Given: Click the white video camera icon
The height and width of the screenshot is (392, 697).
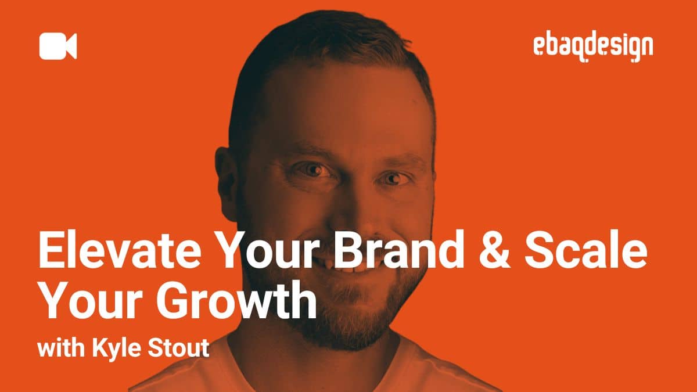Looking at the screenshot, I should click(58, 46).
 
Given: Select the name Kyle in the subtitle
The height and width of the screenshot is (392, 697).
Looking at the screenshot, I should click(110, 350).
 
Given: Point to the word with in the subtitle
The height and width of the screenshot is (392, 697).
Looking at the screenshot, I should click(58, 350).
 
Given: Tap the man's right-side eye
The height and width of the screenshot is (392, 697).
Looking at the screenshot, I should click(395, 178).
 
